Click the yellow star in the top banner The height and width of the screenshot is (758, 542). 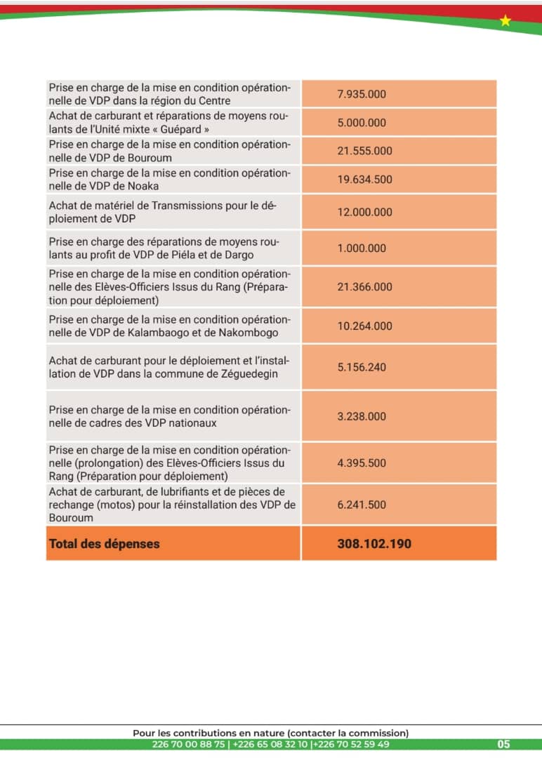click(x=505, y=21)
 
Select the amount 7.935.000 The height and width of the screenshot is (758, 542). click(x=362, y=95)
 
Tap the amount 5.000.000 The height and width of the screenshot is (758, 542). click(x=362, y=123)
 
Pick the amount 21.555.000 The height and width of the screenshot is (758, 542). click(x=364, y=151)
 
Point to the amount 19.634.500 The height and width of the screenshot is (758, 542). click(x=364, y=180)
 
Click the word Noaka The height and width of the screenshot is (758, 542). click(x=143, y=186)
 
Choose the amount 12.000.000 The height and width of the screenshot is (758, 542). click(x=364, y=212)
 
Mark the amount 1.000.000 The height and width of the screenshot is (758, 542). click(x=362, y=248)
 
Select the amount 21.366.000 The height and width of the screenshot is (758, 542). click(x=364, y=287)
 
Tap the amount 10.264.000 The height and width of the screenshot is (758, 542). click(x=364, y=326)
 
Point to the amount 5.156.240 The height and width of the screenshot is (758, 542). click(x=362, y=367)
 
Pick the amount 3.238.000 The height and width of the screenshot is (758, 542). click(x=362, y=416)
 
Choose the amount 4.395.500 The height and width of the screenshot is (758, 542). click(x=362, y=463)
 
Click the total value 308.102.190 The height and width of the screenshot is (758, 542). click(x=374, y=544)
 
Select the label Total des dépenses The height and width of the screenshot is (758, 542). click(x=104, y=544)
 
